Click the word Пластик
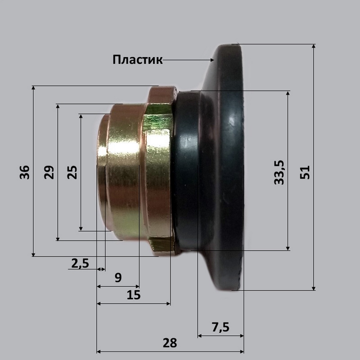click(x=138, y=60)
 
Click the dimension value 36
click(x=25, y=172)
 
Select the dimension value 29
click(x=49, y=172)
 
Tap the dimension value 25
click(x=72, y=172)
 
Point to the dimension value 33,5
click(x=279, y=172)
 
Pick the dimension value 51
click(x=305, y=172)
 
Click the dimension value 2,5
click(x=80, y=263)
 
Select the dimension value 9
click(x=118, y=278)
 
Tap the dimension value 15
click(x=134, y=295)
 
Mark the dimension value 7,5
click(x=220, y=327)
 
